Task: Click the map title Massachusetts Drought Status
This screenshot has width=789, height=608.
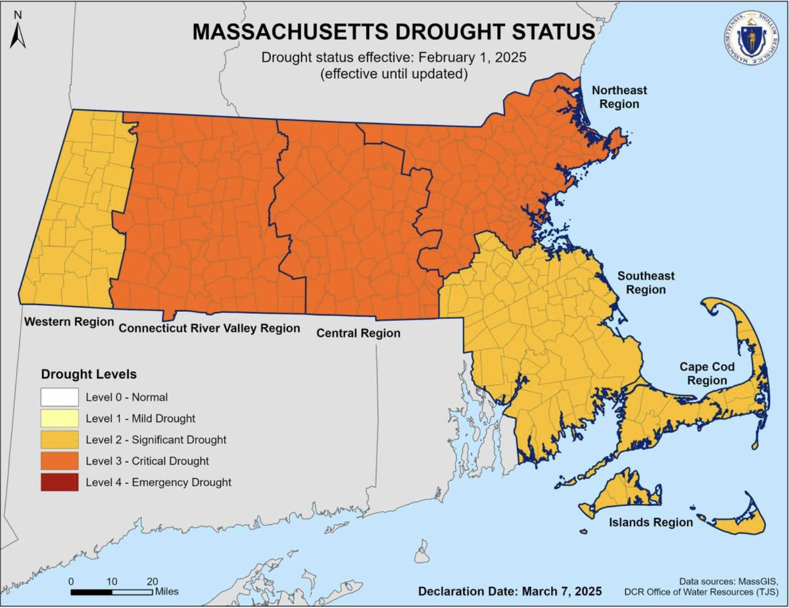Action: pos(394,32)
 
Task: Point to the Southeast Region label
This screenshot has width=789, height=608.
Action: pos(645,282)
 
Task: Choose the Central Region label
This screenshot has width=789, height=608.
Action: pos(358,334)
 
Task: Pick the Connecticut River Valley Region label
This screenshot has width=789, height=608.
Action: pos(209,328)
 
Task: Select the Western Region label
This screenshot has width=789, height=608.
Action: pos(68,322)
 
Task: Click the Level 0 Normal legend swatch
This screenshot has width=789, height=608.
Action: pos(59,397)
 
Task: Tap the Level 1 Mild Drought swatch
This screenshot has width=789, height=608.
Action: pos(59,418)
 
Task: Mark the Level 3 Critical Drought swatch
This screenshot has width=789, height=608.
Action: pos(59,461)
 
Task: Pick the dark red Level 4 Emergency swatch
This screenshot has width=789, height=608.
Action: pos(59,482)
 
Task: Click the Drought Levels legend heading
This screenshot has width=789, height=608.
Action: pos(89,374)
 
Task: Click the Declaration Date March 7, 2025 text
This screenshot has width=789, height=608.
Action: pos(510,590)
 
